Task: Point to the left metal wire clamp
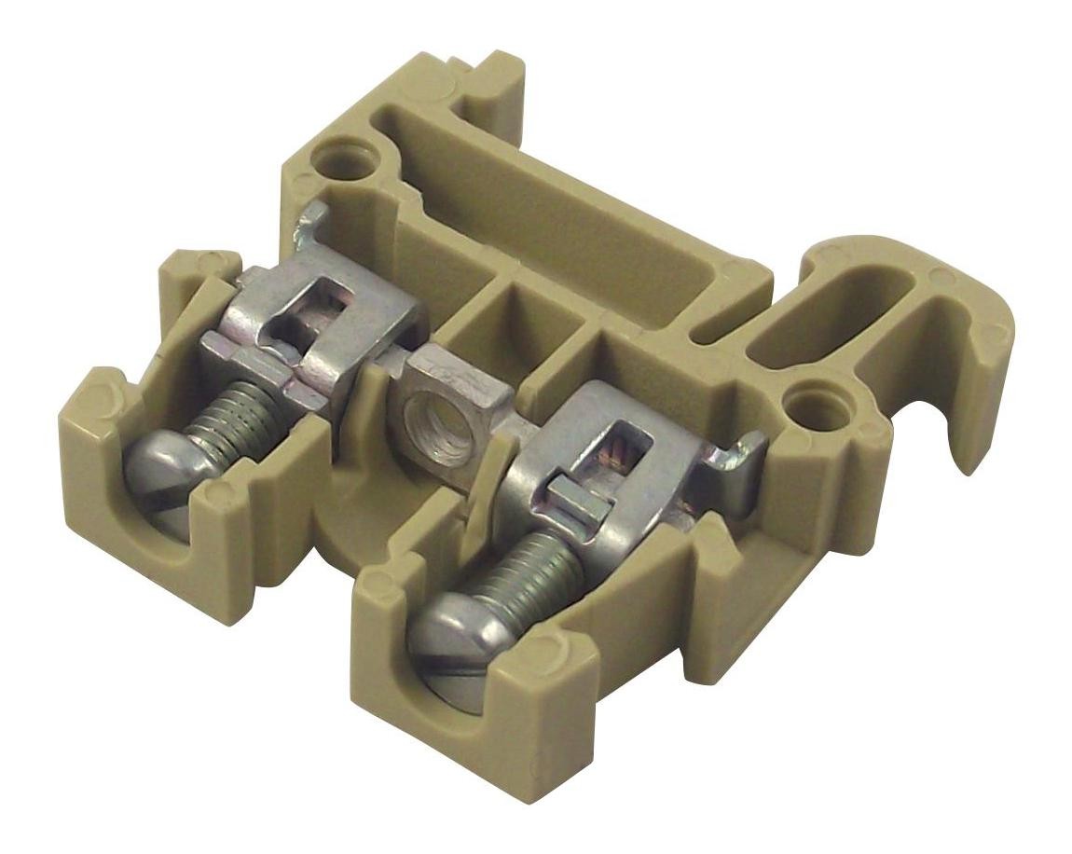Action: [x=317, y=326]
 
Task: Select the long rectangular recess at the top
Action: [x=559, y=214]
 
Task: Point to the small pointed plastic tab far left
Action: [x=191, y=261]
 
